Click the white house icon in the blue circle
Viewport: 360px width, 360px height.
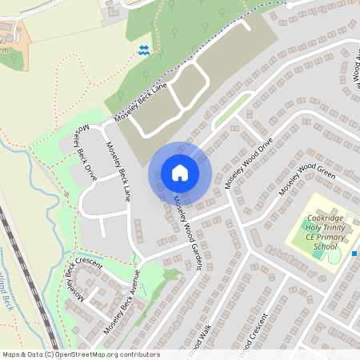tap(180, 173)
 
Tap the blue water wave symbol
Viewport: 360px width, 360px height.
tap(144, 50)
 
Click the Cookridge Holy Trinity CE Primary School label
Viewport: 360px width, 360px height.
tap(325, 232)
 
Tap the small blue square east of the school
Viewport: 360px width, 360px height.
tap(354, 254)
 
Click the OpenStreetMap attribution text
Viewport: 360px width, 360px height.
tap(81, 354)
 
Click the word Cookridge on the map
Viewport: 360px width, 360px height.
tap(325, 218)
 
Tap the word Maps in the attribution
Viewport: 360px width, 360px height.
tap(12, 354)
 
